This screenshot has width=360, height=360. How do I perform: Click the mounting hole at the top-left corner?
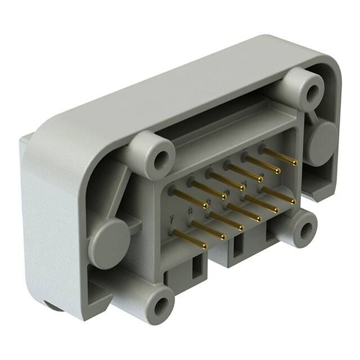[161, 160]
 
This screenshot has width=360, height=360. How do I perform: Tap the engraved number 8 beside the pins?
[191, 211]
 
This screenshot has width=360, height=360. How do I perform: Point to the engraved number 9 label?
[209, 202]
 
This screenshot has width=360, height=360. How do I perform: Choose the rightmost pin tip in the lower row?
[293, 201]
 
